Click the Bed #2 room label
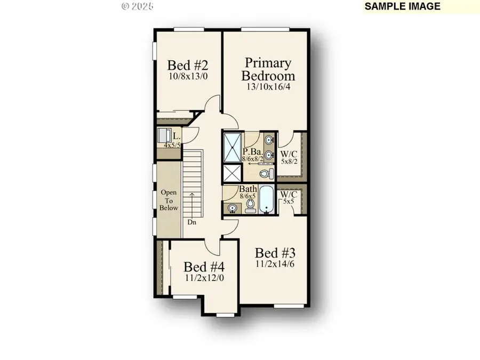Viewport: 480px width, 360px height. coord(187,65)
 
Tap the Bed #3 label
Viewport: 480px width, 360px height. coord(275,253)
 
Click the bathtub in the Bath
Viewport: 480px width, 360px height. coord(266,199)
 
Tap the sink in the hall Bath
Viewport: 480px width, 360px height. coord(231,207)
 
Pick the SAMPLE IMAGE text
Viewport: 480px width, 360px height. coord(403,6)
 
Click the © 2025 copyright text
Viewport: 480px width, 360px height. coord(138,6)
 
